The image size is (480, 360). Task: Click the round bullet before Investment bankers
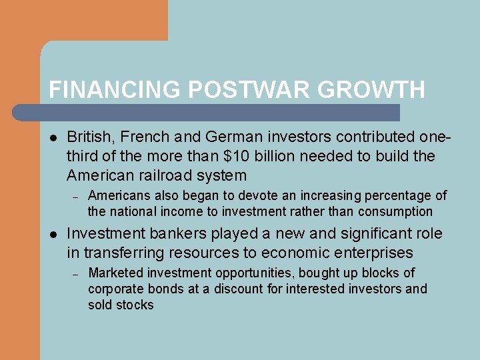point(53,235)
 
